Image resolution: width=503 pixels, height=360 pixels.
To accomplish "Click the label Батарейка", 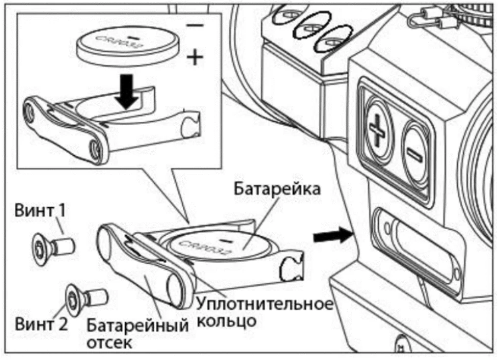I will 277,189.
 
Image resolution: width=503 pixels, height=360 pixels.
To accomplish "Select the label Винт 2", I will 41,324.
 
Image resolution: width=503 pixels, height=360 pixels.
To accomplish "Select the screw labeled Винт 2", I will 86,297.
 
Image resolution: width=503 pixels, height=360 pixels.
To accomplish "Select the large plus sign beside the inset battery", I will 196,58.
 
